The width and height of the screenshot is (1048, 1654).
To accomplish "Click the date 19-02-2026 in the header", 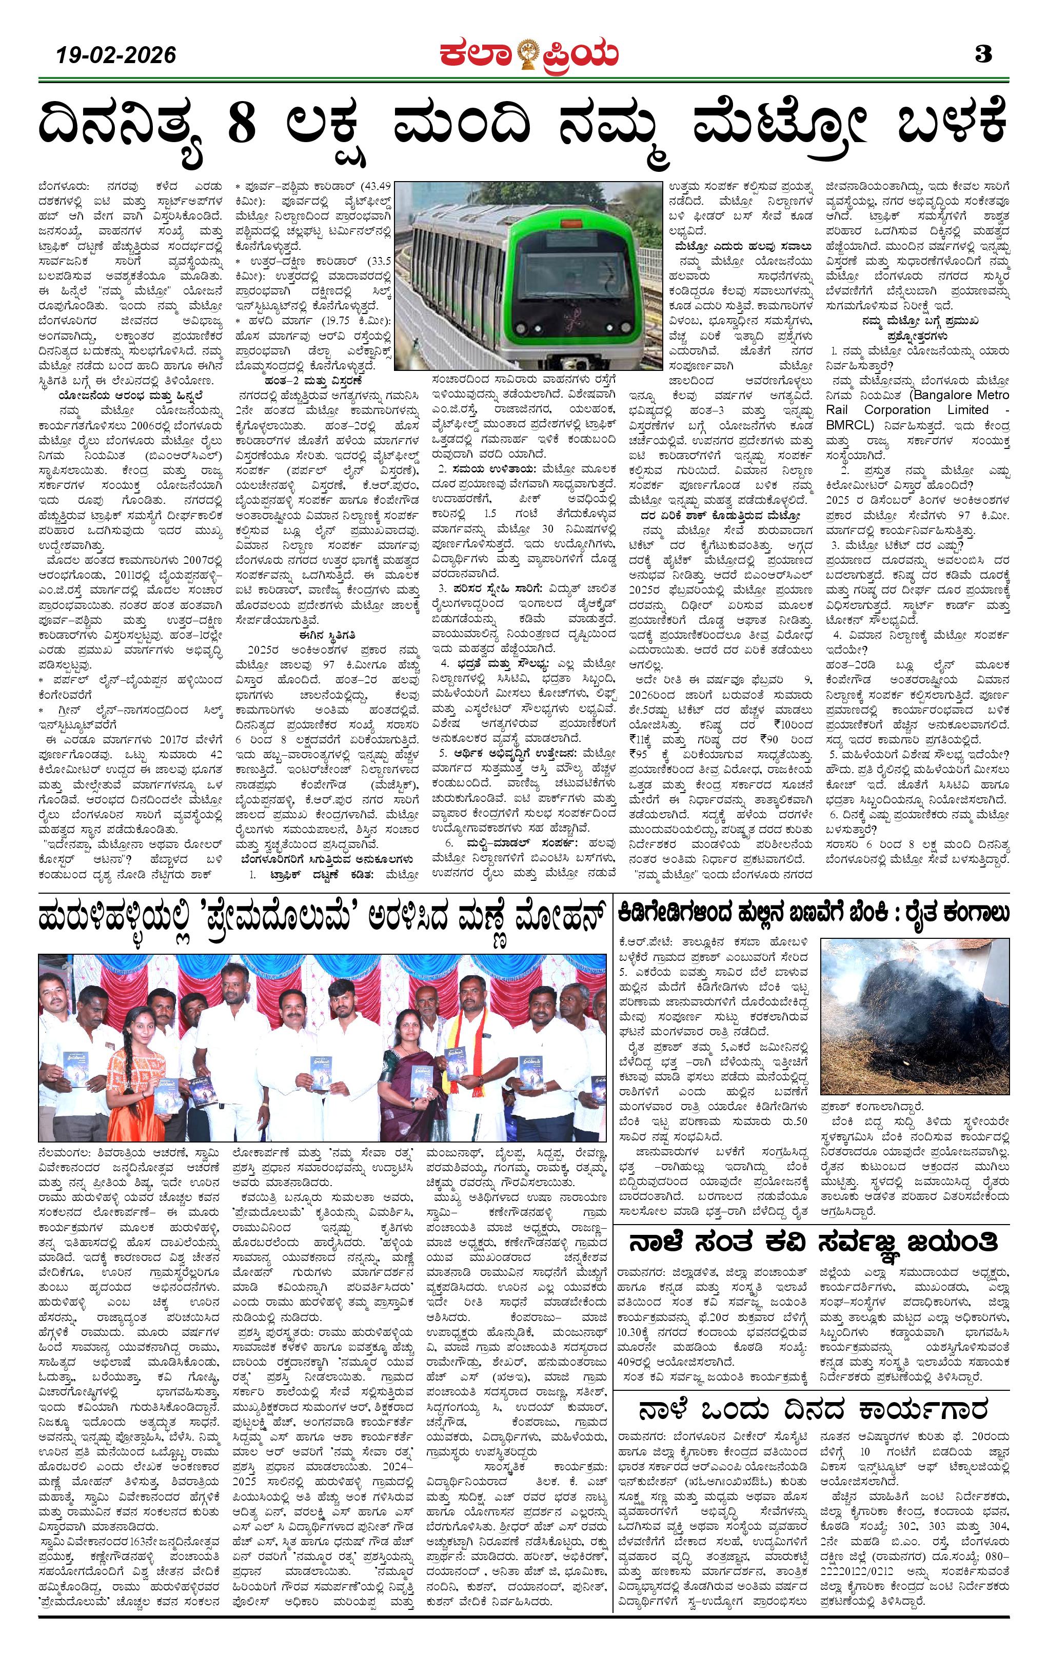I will [117, 55].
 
